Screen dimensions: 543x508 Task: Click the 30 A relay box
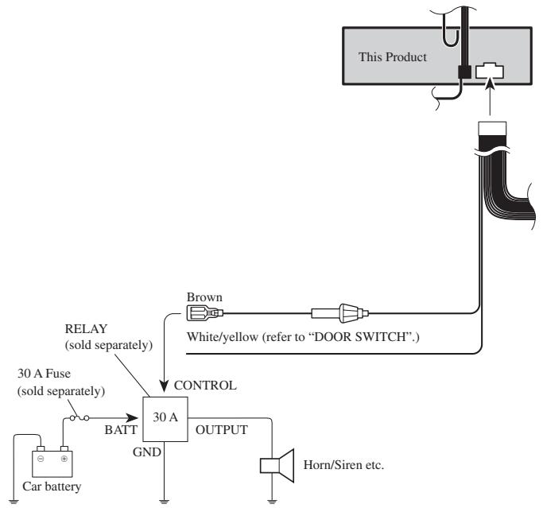(165, 419)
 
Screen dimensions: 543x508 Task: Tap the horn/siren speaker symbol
(277, 466)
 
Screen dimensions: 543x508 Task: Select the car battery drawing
(52, 462)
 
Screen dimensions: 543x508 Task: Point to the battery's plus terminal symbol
(64, 459)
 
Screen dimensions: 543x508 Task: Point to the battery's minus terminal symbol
(41, 459)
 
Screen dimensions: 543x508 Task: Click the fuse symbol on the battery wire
(80, 418)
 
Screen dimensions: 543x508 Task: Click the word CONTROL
(205, 385)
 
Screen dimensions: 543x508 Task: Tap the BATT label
(121, 430)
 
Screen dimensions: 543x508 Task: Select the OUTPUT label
(222, 430)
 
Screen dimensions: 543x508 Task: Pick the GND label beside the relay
(147, 452)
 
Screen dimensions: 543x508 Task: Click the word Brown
(204, 297)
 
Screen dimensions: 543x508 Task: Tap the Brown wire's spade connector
(204, 313)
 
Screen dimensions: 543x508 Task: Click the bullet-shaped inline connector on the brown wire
(340, 313)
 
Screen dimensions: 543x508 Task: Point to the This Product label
(393, 57)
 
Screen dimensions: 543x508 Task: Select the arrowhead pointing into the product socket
(490, 83)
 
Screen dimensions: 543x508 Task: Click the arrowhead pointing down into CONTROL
(164, 386)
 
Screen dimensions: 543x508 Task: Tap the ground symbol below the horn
(272, 501)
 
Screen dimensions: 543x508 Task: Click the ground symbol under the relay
(164, 501)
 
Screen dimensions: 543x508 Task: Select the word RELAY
(86, 328)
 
